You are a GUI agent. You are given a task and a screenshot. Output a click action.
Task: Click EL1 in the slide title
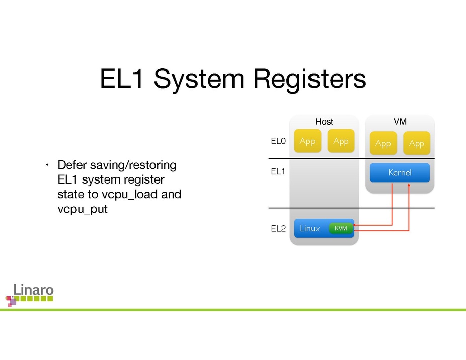(x=122, y=80)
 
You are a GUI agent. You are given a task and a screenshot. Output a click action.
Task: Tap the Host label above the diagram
(x=324, y=122)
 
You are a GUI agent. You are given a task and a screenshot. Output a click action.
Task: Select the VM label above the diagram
(x=400, y=122)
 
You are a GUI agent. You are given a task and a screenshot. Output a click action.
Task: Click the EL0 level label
(x=278, y=142)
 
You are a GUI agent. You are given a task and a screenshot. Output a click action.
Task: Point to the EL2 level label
(x=278, y=229)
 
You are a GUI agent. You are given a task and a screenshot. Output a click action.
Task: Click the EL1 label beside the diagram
(x=278, y=172)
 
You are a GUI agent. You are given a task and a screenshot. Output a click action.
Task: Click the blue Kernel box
(x=400, y=173)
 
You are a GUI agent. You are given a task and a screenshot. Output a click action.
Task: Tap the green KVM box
(x=341, y=229)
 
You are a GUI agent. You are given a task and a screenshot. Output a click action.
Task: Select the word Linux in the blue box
(x=309, y=229)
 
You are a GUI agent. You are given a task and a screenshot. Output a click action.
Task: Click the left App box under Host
(x=307, y=142)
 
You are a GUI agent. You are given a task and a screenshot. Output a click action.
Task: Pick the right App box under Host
(x=341, y=142)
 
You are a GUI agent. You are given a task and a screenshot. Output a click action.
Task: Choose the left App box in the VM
(x=383, y=144)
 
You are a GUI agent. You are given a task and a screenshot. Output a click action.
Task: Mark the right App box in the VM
(x=416, y=144)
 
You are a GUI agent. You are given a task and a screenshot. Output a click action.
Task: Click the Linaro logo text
(x=33, y=290)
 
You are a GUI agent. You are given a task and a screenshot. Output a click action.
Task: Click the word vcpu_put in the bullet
(x=83, y=209)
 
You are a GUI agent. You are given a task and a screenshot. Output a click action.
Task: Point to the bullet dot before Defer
(x=46, y=165)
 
